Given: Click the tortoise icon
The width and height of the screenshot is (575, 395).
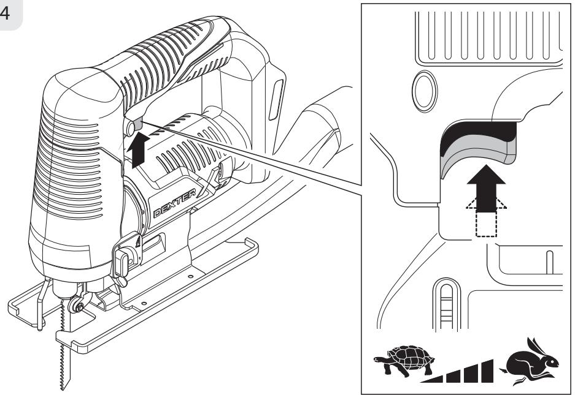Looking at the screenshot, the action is coord(404,360).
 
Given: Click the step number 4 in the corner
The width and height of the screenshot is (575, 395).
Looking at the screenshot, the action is coord(5,13).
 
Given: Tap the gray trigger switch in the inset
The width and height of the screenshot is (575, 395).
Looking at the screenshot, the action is coord(478,149).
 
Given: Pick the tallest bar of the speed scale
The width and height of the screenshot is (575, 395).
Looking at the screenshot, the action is coord(487,371).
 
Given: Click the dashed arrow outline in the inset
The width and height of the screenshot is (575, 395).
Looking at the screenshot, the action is coord(486,218).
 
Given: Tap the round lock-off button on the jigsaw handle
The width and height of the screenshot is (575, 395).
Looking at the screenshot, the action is coord(130,129).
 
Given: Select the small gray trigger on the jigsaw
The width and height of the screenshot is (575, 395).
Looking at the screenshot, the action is coord(138,124).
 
